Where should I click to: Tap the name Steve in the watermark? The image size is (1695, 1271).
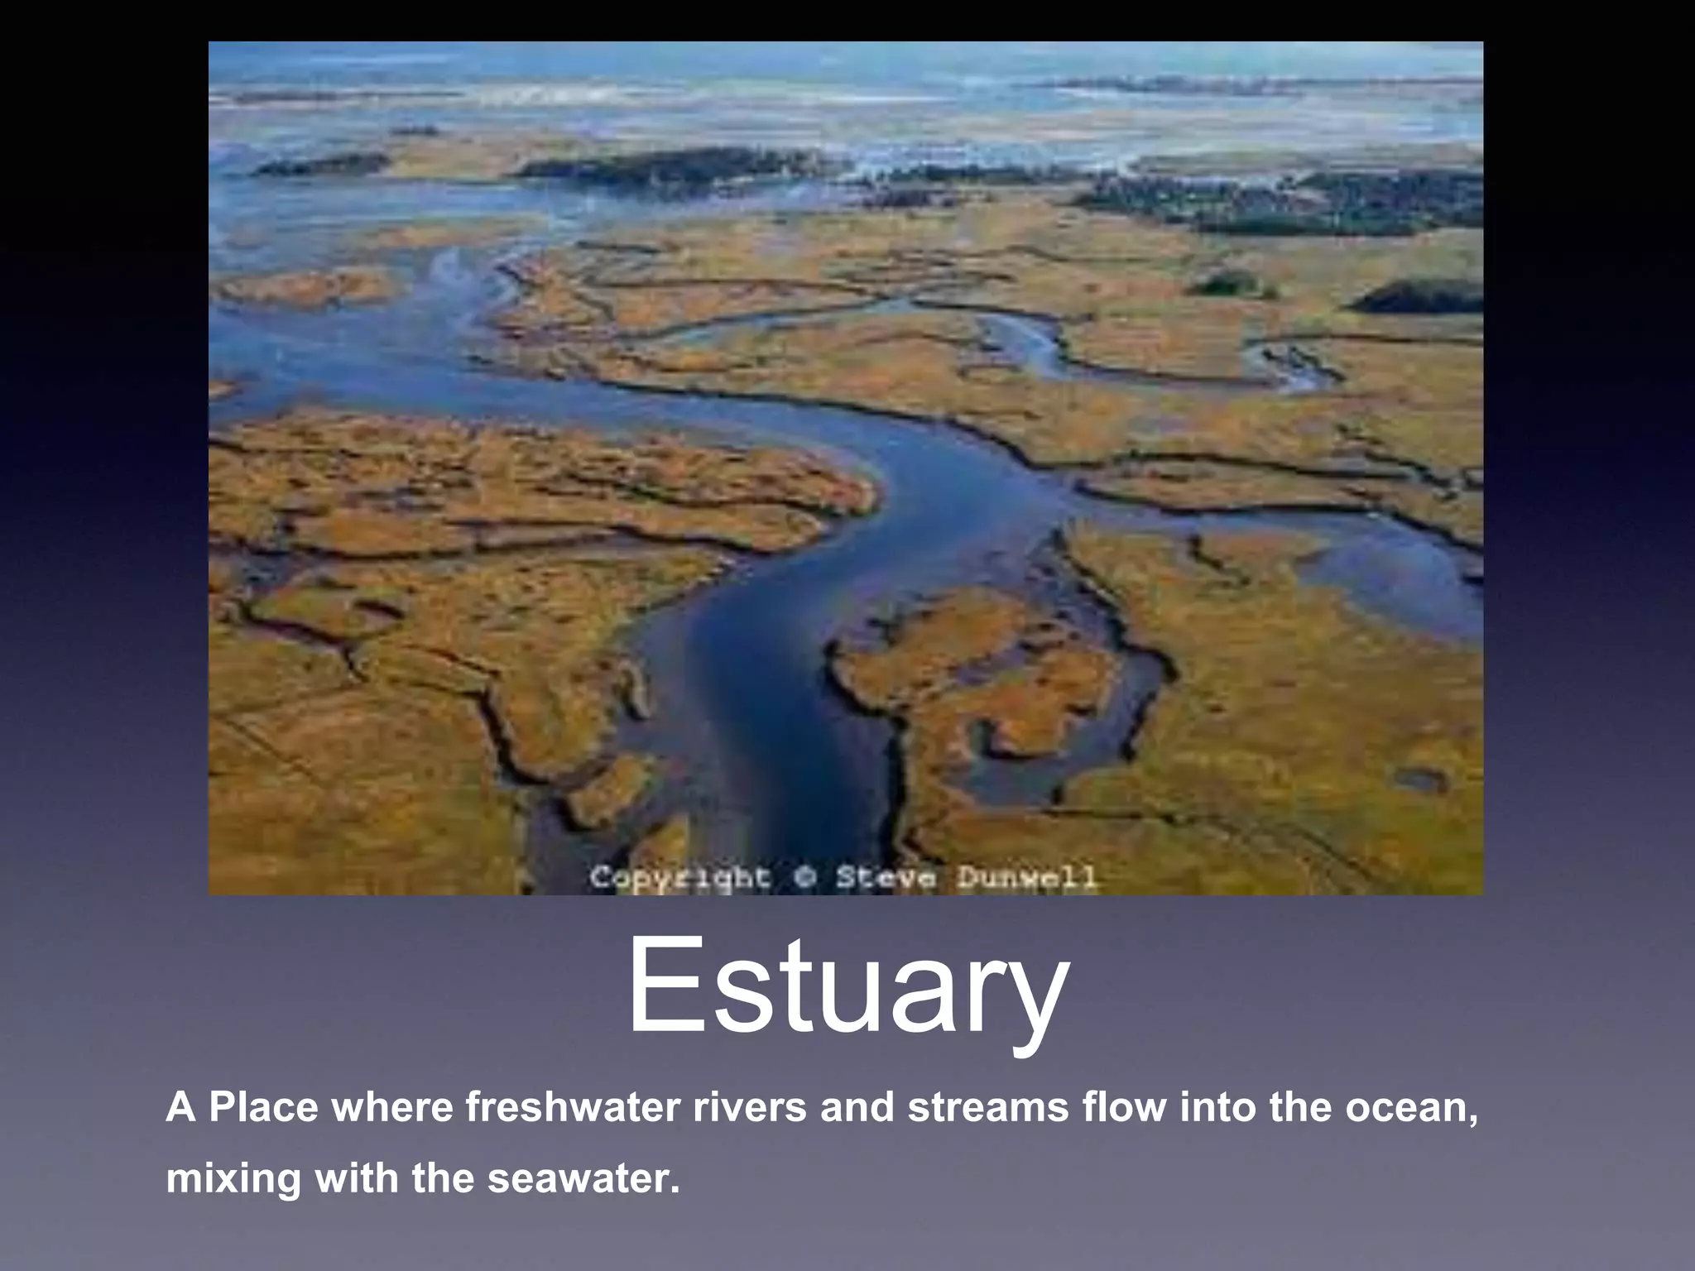[885, 877]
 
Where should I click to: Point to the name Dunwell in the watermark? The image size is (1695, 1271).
[1027, 877]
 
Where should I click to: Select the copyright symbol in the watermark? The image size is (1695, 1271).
[803, 877]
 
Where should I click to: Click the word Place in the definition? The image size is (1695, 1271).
[263, 1107]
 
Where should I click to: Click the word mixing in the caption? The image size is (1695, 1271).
[233, 1178]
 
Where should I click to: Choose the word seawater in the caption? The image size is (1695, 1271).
[583, 1178]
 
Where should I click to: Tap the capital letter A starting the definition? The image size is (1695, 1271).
[180, 1107]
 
